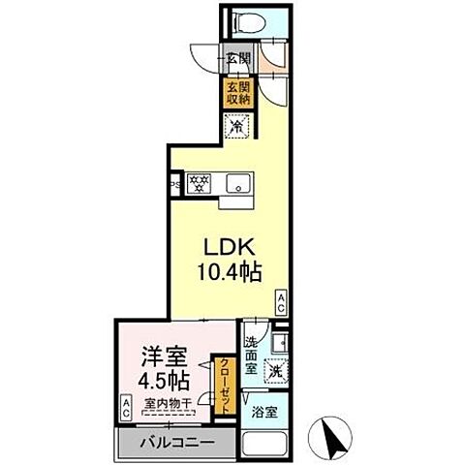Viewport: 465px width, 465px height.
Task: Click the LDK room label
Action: tap(226, 246)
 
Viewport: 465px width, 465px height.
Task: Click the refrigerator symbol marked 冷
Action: tap(236, 124)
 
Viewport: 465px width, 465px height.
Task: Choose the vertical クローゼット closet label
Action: tap(223, 387)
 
